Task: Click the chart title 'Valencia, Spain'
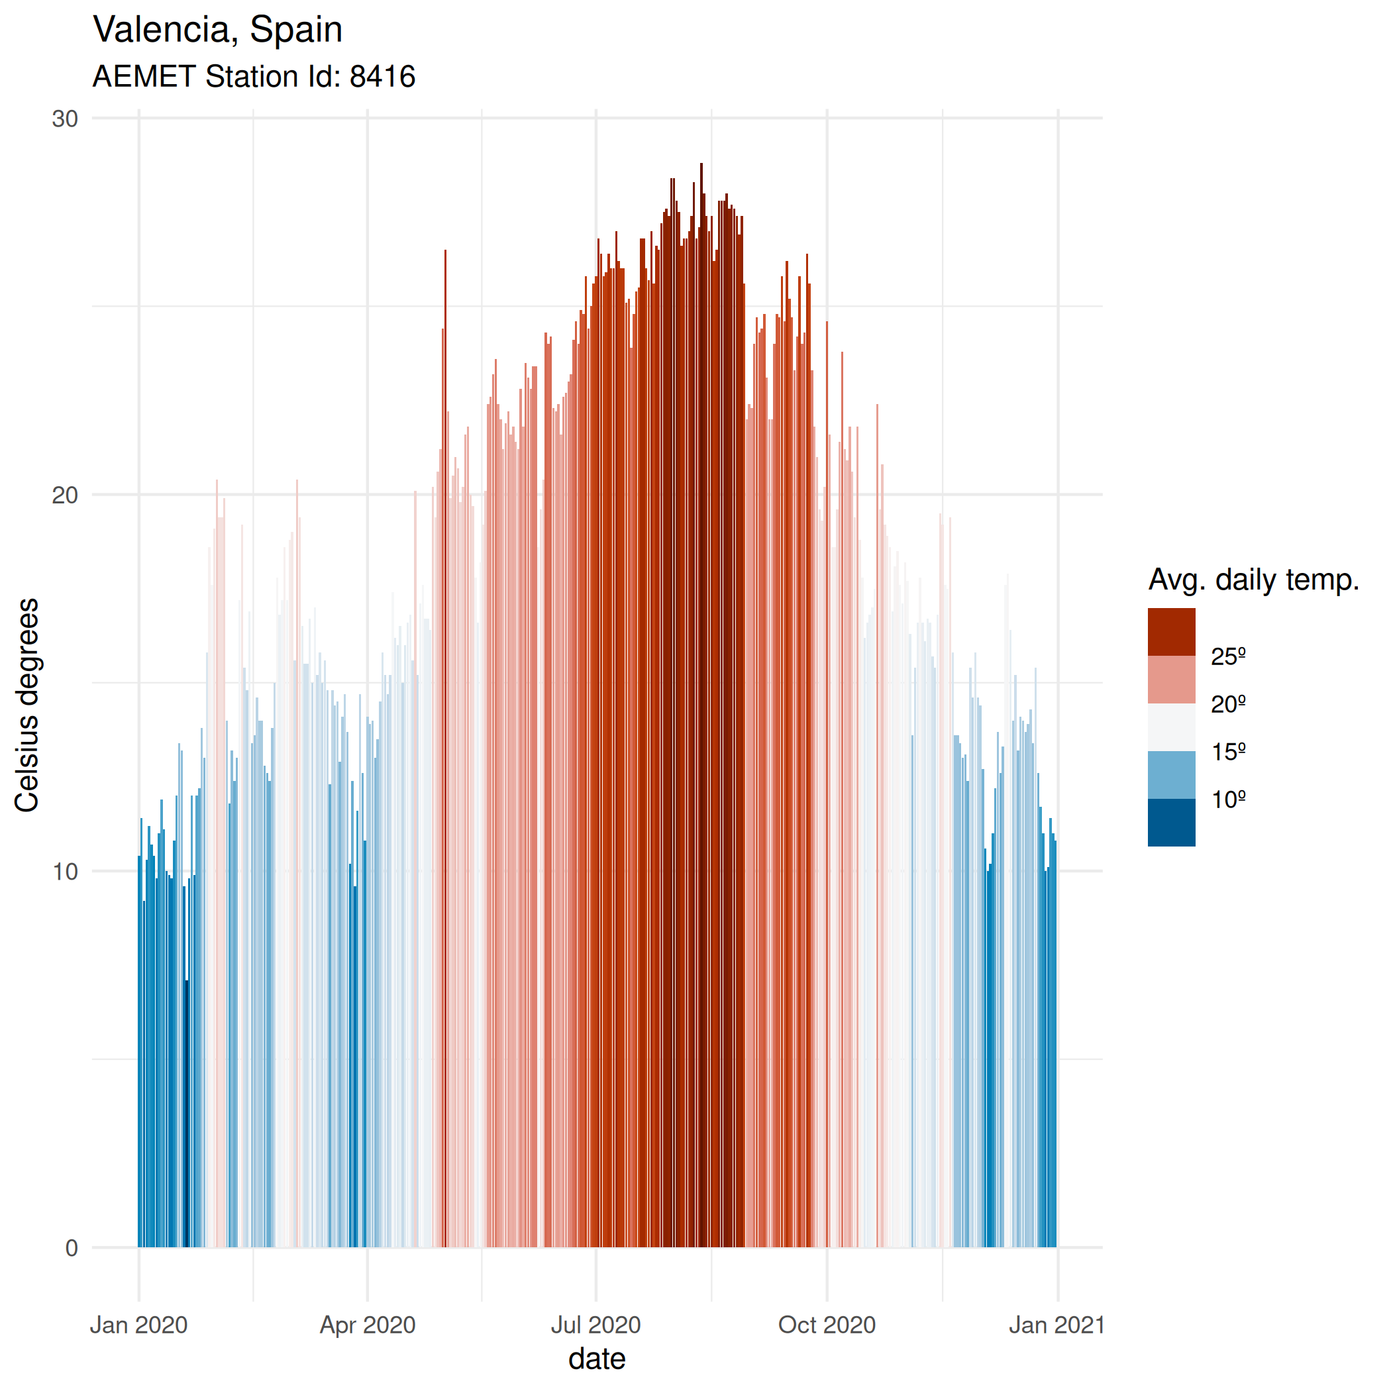click(217, 30)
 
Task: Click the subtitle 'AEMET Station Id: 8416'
click(254, 77)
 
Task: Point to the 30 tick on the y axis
click(65, 119)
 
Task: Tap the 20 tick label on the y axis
click(65, 495)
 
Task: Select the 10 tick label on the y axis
click(65, 872)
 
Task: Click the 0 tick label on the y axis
click(72, 1249)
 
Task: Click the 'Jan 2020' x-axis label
click(139, 1325)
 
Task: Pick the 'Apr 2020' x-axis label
click(368, 1325)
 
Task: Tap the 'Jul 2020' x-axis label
click(596, 1325)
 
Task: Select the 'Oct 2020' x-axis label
click(827, 1325)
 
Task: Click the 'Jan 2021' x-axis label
click(1057, 1325)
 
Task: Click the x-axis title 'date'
click(597, 1359)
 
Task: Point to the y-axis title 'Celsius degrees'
click(27, 705)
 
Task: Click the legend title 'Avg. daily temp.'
click(1253, 580)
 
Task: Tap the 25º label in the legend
click(1228, 656)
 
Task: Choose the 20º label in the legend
click(1228, 704)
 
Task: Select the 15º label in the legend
click(1228, 752)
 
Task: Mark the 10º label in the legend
click(1228, 799)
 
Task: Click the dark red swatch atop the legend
click(1171, 632)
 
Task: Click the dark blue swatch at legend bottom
click(1171, 823)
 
